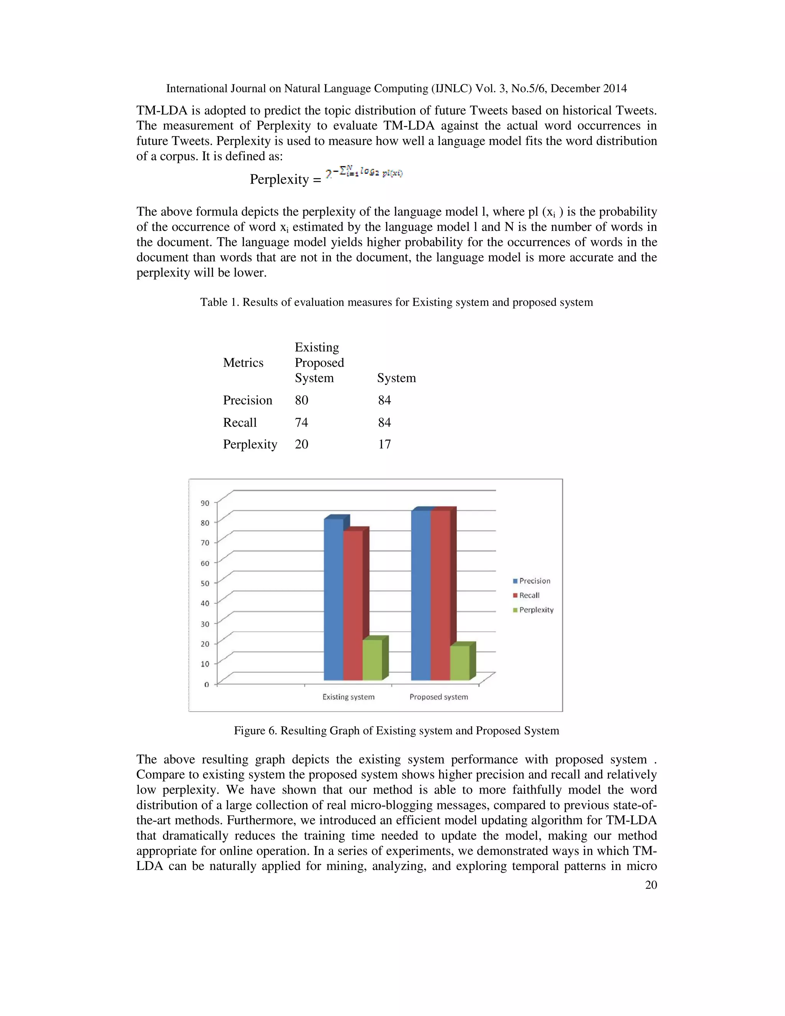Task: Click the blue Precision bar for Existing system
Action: (333, 600)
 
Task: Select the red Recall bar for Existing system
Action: (353, 605)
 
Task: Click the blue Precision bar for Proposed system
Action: (421, 595)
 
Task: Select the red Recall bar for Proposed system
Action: (440, 595)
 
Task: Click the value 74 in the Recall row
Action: (301, 423)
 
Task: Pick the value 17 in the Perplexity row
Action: (384, 444)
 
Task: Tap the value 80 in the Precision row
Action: (301, 400)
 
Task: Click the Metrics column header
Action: (243, 363)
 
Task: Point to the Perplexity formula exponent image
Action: (364, 174)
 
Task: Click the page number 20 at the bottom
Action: (650, 885)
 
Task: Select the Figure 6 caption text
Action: (396, 730)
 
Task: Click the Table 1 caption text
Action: (396, 302)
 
